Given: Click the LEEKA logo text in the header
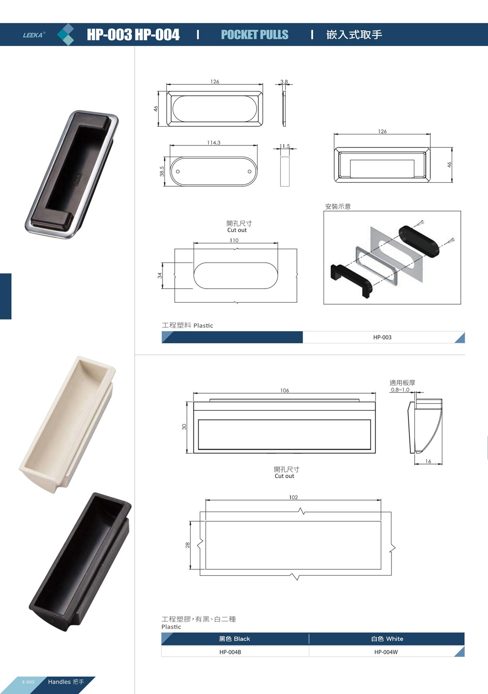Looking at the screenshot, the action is pos(33,35).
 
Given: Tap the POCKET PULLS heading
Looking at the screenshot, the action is pos(255,35).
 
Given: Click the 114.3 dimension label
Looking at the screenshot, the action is pos(214,143).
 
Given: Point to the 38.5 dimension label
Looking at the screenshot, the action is pos(162,171).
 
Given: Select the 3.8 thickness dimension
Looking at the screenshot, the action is pos(284,82).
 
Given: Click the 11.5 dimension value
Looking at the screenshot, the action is pos(285,146).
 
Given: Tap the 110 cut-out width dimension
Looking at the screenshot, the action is pos(234,240).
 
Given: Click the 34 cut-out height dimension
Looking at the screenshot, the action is pos(160,275).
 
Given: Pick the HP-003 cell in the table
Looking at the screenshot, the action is pos(382,338).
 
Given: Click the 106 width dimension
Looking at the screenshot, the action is pos(284,390).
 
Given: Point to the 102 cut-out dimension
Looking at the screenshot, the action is pos(293,497).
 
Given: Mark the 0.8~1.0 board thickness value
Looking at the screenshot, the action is pos(400,390).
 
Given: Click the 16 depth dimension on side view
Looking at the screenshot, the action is pos(428,461).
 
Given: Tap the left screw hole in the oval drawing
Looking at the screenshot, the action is pos(178,171).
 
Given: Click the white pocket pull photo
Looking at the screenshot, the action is pos(67,424).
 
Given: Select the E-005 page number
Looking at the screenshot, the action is pos(28,682).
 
